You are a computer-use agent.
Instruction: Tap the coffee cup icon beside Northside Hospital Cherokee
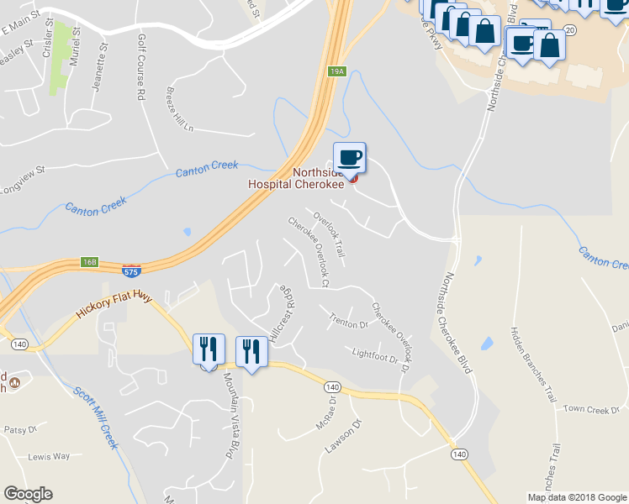tap(350, 157)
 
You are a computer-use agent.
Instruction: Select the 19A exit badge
tap(337, 72)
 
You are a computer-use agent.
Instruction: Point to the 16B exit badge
tap(90, 262)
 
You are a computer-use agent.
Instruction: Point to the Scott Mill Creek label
tap(94, 417)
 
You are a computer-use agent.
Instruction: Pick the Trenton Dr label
tap(350, 323)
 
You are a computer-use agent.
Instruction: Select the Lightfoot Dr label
tap(374, 356)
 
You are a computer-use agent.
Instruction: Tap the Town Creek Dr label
tap(585, 409)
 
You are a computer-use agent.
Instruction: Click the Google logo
tap(28, 494)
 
